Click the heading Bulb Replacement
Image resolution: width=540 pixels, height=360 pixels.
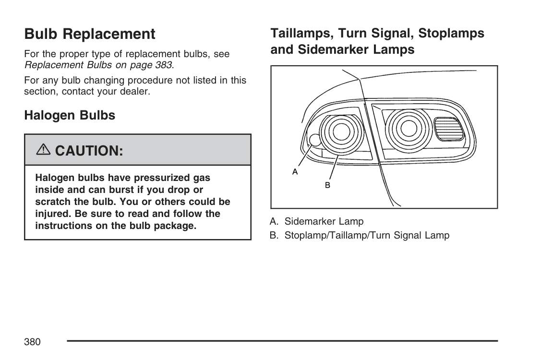(x=90, y=34)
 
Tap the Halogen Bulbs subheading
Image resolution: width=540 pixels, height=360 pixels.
(x=70, y=115)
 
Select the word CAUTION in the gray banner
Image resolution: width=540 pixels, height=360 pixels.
(x=89, y=151)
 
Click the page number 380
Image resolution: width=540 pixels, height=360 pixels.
(x=32, y=342)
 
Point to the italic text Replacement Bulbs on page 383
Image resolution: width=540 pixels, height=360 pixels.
(x=98, y=64)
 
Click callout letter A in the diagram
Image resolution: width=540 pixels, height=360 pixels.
(x=295, y=171)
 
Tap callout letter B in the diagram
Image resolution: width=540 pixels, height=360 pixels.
(x=328, y=185)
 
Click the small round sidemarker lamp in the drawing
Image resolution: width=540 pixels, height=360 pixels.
(x=314, y=140)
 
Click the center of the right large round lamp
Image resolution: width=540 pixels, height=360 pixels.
(x=408, y=128)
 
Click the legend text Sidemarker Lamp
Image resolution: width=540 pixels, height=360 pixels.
(x=324, y=221)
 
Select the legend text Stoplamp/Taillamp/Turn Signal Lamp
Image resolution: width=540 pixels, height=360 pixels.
(x=367, y=235)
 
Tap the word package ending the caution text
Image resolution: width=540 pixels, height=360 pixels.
(x=175, y=225)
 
